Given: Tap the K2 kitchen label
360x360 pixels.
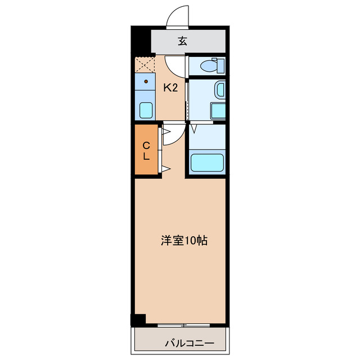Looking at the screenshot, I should point(170,87).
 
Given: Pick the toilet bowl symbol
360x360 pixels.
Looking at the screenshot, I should point(209,66).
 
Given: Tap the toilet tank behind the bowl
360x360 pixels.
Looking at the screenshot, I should point(221,65).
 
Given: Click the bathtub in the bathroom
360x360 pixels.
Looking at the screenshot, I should point(207,162).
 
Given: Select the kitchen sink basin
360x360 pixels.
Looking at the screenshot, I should point(146,109).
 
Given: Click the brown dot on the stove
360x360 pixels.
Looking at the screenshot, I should point(146,81).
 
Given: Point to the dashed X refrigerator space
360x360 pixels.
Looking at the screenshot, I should point(145,64).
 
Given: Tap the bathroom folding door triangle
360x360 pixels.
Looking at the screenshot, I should point(193,129).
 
